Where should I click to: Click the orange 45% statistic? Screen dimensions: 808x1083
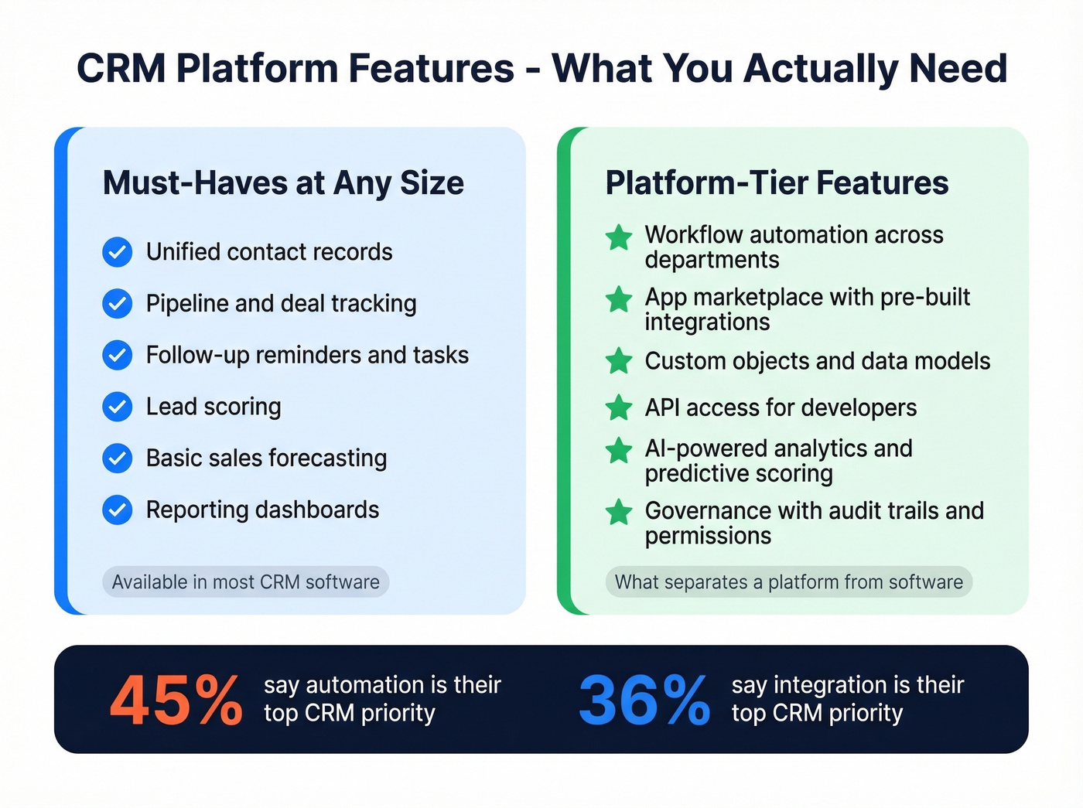[176, 701]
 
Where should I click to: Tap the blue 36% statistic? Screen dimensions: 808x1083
[644, 701]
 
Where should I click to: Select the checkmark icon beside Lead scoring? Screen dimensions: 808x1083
[118, 407]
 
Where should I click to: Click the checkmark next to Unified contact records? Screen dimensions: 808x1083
[118, 252]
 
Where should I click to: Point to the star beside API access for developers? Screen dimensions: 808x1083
[619, 407]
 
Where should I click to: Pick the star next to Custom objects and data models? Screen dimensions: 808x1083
[619, 361]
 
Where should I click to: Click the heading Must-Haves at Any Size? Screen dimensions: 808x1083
[283, 183]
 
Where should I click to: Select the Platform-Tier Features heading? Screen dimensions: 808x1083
[777, 183]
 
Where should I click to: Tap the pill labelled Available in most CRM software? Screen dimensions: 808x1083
[246, 582]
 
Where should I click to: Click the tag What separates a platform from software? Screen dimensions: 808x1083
[788, 582]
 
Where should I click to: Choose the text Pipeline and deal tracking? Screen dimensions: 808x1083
[281, 304]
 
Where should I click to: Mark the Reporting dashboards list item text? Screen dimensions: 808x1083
[262, 510]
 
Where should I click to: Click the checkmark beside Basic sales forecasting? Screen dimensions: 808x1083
[118, 459]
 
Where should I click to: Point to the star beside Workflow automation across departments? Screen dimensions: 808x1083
[619, 237]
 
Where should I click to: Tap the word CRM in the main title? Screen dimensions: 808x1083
[121, 68]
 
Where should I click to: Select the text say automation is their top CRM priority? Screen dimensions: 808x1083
[382, 699]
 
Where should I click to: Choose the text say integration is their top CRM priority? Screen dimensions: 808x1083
[848, 699]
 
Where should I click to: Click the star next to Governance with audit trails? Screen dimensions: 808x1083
[619, 513]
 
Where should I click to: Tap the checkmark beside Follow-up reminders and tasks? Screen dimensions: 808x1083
[118, 355]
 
